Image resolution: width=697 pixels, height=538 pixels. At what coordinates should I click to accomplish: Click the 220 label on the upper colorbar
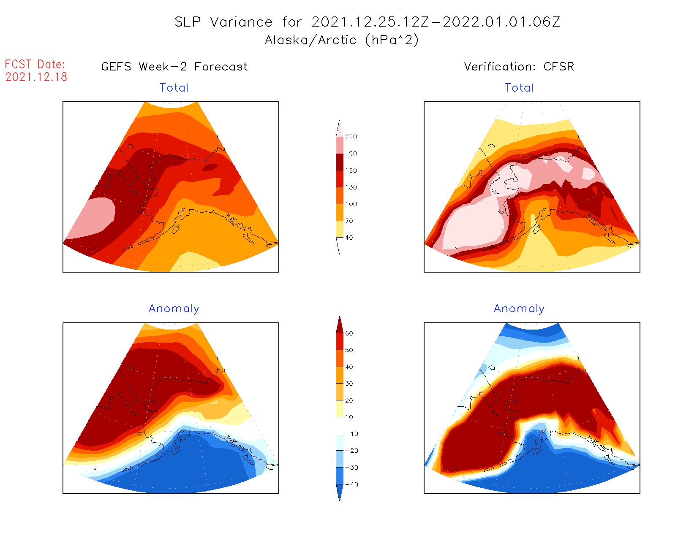(x=351, y=137)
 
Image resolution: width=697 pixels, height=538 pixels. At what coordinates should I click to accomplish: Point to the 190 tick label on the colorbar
(x=351, y=154)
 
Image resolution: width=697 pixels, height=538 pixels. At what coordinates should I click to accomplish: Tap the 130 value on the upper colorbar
(x=351, y=187)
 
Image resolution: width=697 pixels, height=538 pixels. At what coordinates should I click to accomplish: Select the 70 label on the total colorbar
(x=349, y=221)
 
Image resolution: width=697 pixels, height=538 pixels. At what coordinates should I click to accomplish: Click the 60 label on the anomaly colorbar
(x=349, y=333)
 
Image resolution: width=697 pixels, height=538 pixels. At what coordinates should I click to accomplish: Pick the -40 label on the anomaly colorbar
(x=351, y=484)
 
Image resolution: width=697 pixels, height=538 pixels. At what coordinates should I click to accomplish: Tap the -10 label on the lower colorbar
(x=351, y=434)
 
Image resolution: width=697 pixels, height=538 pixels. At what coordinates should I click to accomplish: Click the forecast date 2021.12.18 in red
(x=36, y=77)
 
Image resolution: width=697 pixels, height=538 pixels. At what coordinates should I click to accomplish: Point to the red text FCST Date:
(x=35, y=64)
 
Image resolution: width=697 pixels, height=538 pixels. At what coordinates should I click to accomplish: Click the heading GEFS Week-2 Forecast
(x=174, y=67)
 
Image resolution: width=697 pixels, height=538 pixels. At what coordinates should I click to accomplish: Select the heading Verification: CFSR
(x=519, y=67)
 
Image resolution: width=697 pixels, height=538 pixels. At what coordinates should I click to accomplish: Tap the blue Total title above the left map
(x=174, y=88)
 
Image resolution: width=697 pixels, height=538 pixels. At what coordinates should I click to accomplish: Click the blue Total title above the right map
(x=519, y=88)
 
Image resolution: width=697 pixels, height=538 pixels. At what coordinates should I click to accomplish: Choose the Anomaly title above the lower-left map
(x=174, y=309)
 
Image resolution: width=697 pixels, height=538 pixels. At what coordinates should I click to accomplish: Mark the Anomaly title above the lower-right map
(x=519, y=309)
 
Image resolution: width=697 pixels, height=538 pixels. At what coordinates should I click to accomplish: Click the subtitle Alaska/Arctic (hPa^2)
(x=342, y=40)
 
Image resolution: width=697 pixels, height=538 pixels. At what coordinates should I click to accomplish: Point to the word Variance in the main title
(x=241, y=22)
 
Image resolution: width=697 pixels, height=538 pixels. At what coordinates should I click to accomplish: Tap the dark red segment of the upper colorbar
(x=340, y=162)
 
